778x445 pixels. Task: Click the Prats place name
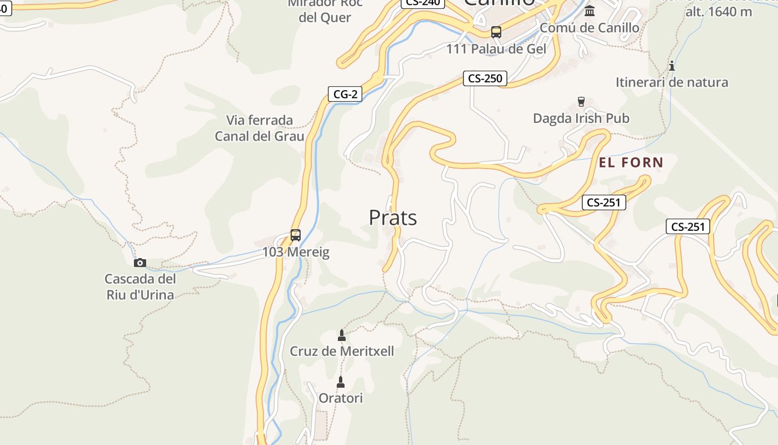point(393,218)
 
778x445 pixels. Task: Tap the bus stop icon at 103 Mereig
point(296,235)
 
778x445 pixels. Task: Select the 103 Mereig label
point(296,253)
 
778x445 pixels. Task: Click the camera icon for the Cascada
point(140,263)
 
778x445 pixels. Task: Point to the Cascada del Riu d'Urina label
point(140,286)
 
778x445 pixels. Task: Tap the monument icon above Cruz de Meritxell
point(342,335)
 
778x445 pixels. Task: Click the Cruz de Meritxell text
point(342,352)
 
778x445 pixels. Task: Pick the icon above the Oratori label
point(341,382)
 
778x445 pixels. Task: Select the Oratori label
point(341,398)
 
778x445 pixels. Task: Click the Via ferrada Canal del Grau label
point(260,128)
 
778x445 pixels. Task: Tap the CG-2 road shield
point(345,94)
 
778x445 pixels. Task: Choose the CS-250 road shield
point(485,78)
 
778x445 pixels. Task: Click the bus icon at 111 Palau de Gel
point(496,32)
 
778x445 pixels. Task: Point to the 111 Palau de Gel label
point(496,49)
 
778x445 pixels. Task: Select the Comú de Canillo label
point(590,28)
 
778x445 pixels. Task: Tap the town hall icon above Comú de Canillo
point(590,11)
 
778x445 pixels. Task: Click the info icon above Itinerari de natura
point(672,66)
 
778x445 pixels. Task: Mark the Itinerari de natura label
point(672,82)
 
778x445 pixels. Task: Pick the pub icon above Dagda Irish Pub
point(581,101)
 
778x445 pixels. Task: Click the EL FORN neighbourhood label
point(631,162)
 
